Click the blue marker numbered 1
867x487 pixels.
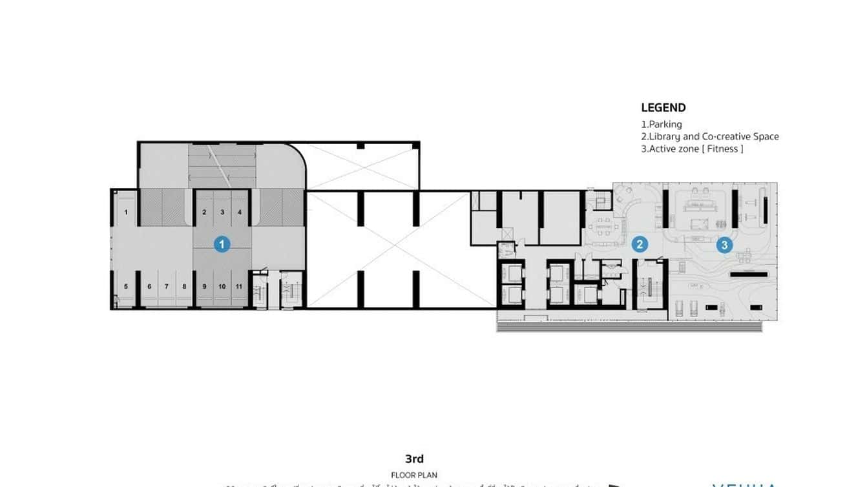pyautogui.click(x=222, y=244)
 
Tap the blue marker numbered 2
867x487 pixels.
pyautogui.click(x=639, y=244)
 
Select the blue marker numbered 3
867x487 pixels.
pyautogui.click(x=724, y=245)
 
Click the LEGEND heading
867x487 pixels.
pyautogui.click(x=663, y=108)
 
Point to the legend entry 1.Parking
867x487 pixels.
pyautogui.click(x=661, y=124)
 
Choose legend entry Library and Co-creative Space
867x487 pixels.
pyautogui.click(x=709, y=136)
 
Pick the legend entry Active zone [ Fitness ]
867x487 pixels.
pyautogui.click(x=692, y=149)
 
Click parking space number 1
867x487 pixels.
pyautogui.click(x=126, y=212)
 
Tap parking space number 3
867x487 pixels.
pyautogui.click(x=222, y=212)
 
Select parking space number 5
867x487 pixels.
pyautogui.click(x=126, y=286)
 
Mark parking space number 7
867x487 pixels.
pyautogui.click(x=166, y=286)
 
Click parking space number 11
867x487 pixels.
pyautogui.click(x=239, y=286)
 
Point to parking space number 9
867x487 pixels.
pyautogui.click(x=204, y=286)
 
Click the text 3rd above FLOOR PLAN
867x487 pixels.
pyautogui.click(x=414, y=459)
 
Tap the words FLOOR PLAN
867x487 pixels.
pyautogui.click(x=414, y=475)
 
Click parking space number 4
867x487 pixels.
pyautogui.click(x=239, y=212)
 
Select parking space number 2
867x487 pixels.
pyautogui.click(x=204, y=212)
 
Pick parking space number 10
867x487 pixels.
pyautogui.click(x=222, y=286)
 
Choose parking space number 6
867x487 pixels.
pyautogui.click(x=149, y=286)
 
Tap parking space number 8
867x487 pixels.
pyautogui.click(x=183, y=286)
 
